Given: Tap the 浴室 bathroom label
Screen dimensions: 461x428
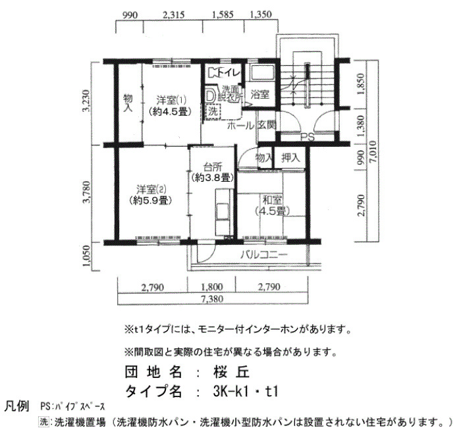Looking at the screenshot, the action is click(260, 94).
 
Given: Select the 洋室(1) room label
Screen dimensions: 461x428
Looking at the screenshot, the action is click(171, 100).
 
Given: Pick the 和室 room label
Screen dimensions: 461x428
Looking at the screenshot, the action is click(273, 200).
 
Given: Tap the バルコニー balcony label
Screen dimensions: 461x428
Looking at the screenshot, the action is click(263, 255).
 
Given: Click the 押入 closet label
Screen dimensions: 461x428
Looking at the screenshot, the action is click(290, 158).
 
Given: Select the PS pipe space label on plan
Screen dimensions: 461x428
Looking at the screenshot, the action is click(308, 137).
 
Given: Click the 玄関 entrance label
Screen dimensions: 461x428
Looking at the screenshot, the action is click(267, 125).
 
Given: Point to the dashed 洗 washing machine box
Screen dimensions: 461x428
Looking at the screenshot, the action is click(213, 111).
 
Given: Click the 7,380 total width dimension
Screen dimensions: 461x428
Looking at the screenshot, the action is click(212, 299).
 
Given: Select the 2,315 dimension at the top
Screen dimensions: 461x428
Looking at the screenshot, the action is click(173, 14).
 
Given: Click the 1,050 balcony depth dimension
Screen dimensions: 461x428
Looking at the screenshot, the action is click(87, 256).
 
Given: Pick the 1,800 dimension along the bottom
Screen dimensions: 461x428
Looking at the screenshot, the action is click(212, 286).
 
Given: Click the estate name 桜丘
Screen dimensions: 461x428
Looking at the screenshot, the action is click(231, 372).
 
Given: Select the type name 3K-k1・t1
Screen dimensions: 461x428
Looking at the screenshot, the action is click(246, 391).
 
